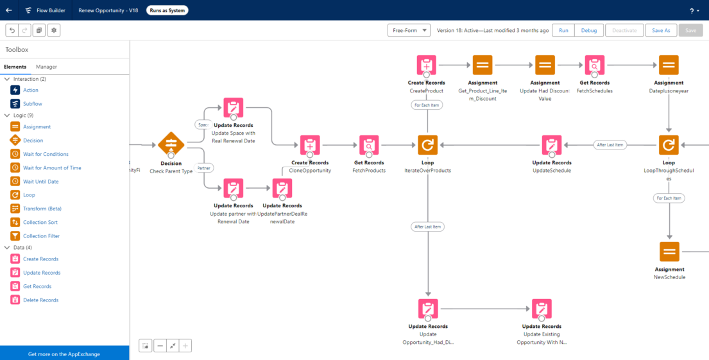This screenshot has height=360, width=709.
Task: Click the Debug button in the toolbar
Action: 588,30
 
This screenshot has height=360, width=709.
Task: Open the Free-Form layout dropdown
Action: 409,30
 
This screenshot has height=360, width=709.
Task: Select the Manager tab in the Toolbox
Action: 46,67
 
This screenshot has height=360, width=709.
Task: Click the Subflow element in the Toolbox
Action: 32,103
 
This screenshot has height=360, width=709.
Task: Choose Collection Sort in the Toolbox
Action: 40,222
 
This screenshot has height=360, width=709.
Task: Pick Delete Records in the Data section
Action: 40,300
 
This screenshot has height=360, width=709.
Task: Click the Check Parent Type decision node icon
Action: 171,144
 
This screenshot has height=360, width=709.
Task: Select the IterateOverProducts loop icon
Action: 427,145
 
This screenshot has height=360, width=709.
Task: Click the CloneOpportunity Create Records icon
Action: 310,145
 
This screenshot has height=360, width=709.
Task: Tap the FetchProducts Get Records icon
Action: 369,145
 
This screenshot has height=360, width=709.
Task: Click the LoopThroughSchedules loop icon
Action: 669,145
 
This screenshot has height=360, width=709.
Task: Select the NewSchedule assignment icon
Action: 669,251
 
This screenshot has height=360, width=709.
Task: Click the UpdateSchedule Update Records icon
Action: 552,145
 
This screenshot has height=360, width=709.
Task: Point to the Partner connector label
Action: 204,168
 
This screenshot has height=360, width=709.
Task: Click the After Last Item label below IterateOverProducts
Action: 427,227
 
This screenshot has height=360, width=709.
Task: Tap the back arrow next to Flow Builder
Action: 9,10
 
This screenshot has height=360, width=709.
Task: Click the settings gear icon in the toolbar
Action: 53,30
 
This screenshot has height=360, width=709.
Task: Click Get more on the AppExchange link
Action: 64,354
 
